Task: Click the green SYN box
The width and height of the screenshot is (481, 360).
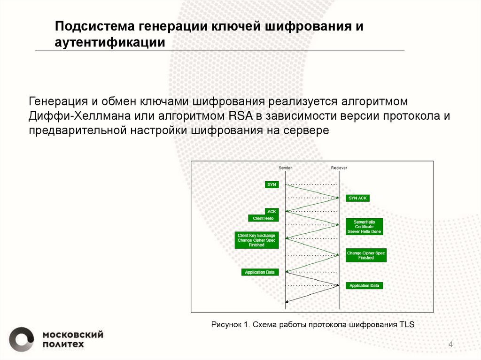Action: point(272,184)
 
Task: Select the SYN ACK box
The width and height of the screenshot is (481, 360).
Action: point(357,198)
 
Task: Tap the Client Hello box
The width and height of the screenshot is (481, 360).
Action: point(264,218)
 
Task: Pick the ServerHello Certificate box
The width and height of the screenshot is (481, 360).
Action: point(364,227)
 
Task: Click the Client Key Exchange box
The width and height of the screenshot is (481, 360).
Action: point(256,240)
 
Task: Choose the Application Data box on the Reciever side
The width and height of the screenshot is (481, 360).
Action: point(364,285)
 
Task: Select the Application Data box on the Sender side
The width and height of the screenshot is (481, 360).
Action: point(260,272)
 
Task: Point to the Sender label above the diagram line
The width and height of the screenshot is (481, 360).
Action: point(285,168)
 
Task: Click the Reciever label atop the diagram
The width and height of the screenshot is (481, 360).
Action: point(339,168)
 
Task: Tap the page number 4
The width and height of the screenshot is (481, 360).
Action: point(450,345)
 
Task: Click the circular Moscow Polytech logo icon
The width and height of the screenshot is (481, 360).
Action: point(22,339)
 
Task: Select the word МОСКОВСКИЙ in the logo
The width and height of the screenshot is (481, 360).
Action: point(73,335)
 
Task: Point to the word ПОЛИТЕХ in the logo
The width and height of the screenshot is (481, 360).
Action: point(63,345)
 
